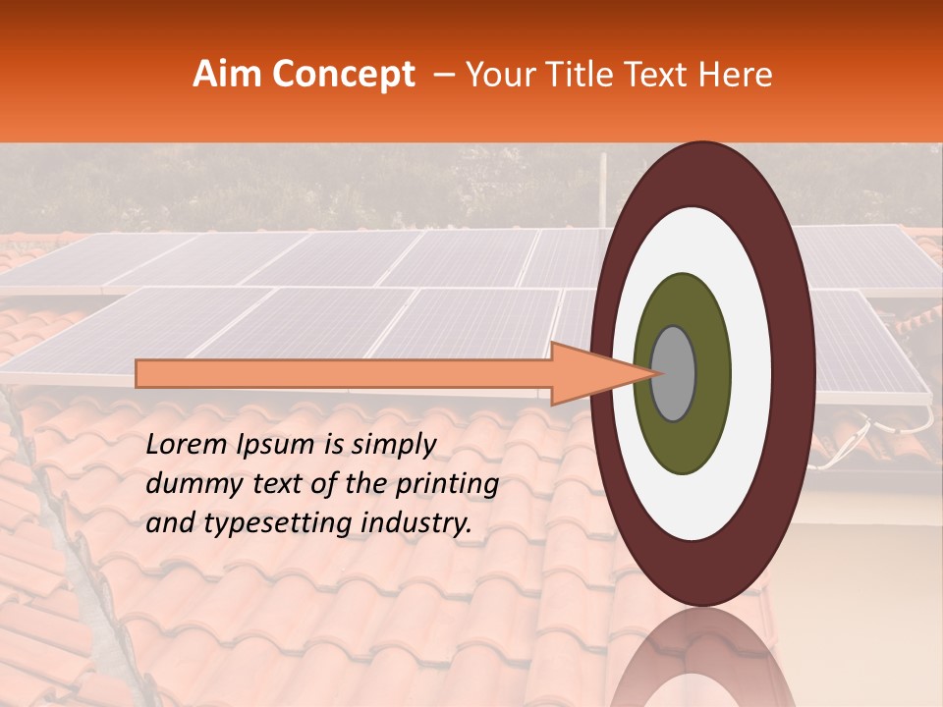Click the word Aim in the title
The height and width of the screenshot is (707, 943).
click(x=229, y=75)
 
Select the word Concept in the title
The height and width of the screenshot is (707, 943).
click(x=343, y=76)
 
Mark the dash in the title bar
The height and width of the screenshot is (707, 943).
click(x=443, y=75)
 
